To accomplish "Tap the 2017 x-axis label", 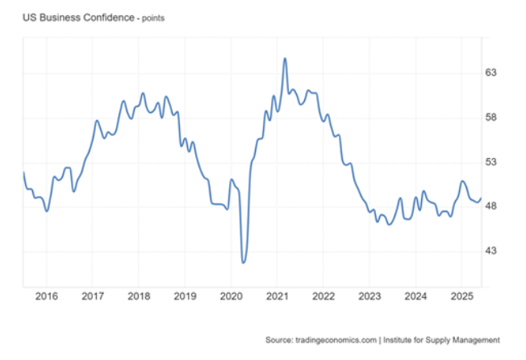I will (x=92, y=296).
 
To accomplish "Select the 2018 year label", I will (x=139, y=296).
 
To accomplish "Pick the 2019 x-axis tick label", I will (x=185, y=296).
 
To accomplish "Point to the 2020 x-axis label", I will (x=231, y=296).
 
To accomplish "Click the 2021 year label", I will (x=277, y=296).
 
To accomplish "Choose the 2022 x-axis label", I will (x=323, y=296).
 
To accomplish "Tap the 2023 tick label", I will (x=369, y=296).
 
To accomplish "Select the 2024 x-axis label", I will (x=415, y=296).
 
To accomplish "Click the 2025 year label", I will (x=461, y=296).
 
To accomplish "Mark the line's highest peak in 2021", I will (x=285, y=58).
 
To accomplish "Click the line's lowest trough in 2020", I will (x=244, y=262).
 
